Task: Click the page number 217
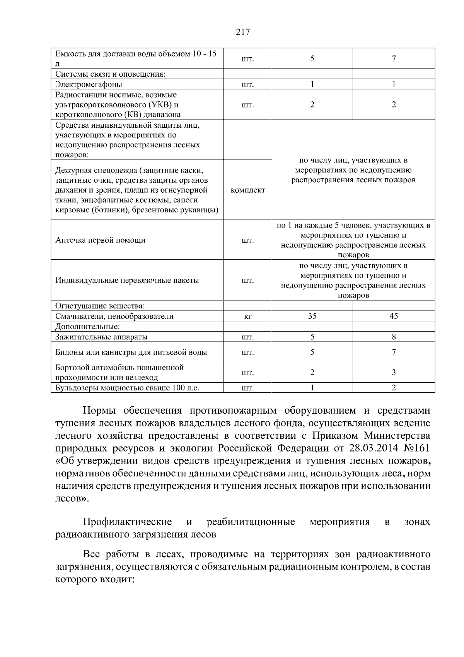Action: [x=243, y=33]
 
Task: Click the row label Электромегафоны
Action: [x=89, y=84]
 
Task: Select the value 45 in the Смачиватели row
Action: [x=394, y=316]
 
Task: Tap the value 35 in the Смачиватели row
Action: [x=312, y=316]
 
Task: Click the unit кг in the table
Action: [x=248, y=317]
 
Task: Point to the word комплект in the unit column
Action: [x=248, y=190]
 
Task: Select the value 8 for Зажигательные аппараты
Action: [x=394, y=337]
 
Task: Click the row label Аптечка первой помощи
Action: [x=101, y=240]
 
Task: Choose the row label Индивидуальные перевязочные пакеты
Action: [x=127, y=280]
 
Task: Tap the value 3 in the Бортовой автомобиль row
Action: [x=394, y=373]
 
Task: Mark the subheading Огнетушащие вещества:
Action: [x=100, y=306]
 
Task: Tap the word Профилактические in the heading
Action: [x=128, y=522]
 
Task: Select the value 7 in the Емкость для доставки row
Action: [x=394, y=59]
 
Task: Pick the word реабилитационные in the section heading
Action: [x=251, y=522]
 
